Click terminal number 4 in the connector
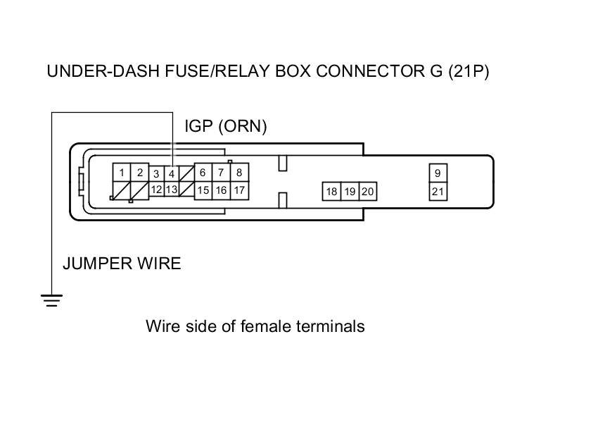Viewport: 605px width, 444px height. tap(172, 173)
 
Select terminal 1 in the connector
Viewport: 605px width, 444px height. tap(122, 173)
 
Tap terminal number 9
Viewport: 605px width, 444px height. tap(438, 173)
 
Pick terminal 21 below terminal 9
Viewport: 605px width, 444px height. tap(438, 191)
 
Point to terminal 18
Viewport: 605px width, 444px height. tap(331, 192)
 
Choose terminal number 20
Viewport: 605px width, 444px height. tap(367, 192)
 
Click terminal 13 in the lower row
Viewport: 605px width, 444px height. tap(172, 190)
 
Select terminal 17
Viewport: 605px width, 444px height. tap(239, 190)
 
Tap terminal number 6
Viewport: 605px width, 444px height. tap(203, 173)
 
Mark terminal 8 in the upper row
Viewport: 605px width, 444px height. tap(239, 173)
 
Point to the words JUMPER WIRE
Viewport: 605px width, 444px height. tap(122, 264)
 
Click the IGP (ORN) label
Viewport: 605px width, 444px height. tap(225, 126)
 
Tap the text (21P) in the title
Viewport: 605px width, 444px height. tap(468, 72)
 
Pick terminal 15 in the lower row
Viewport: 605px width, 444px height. tap(203, 190)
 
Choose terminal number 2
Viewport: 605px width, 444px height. tap(140, 173)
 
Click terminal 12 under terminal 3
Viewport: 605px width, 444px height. tap(156, 190)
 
